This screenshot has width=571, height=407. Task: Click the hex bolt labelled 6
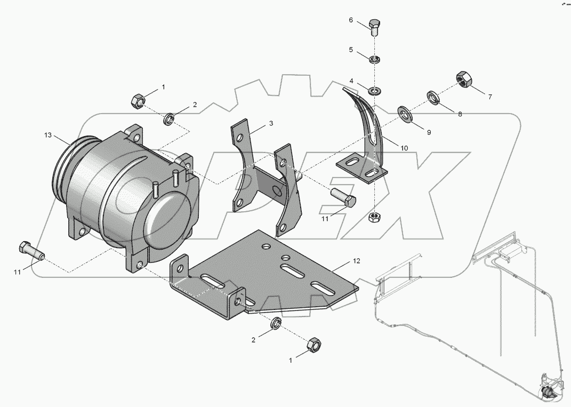pyautogui.click(x=374, y=27)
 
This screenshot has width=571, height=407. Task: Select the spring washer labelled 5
pyautogui.click(x=374, y=57)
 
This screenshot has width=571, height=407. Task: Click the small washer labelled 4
pyautogui.click(x=374, y=89)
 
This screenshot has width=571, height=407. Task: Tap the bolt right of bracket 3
pyautogui.click(x=344, y=199)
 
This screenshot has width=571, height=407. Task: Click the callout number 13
pyautogui.click(x=47, y=135)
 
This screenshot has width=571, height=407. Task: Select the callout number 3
pyautogui.click(x=271, y=123)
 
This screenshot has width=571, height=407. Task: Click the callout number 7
pyautogui.click(x=489, y=97)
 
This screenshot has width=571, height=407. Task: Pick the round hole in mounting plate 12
pyautogui.click(x=265, y=247)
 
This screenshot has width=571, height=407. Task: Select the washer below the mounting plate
pyautogui.click(x=276, y=323)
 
